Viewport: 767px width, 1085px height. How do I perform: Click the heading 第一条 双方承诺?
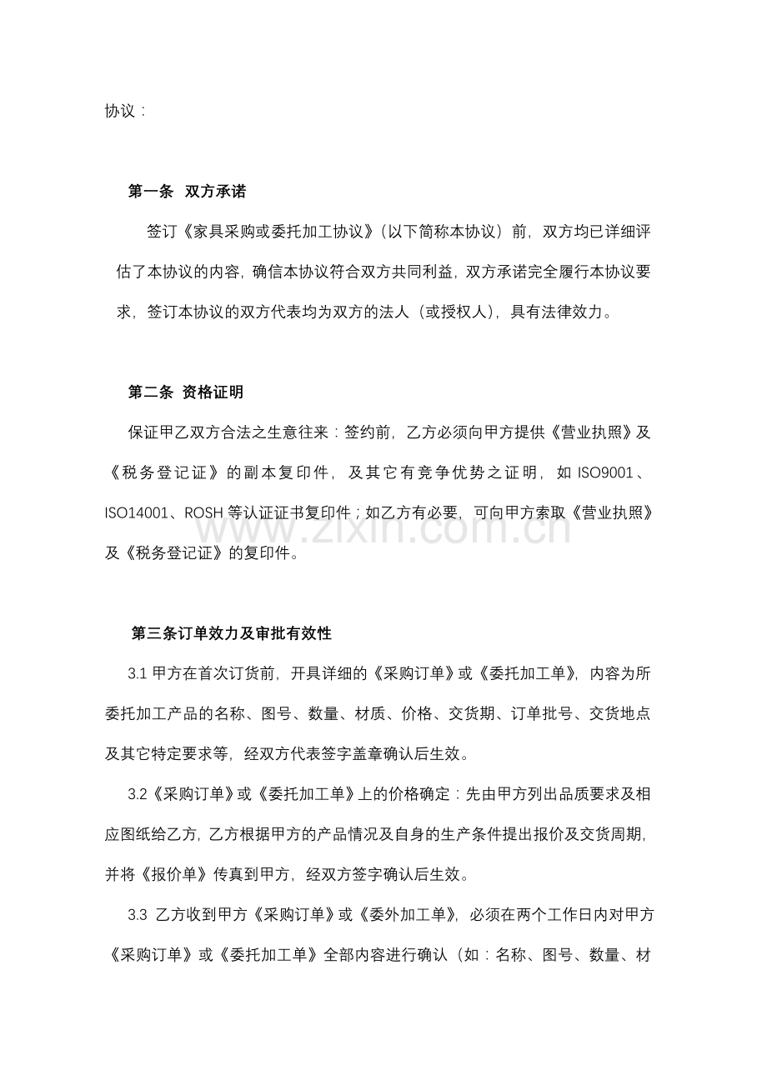tap(187, 192)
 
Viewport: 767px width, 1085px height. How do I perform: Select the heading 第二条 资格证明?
tap(185, 392)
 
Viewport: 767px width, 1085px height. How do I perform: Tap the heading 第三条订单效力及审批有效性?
tap(232, 634)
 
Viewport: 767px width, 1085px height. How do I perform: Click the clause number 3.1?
tap(138, 675)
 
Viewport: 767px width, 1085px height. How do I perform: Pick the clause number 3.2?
tap(138, 794)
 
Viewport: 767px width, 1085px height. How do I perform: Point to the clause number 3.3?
tap(138, 915)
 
